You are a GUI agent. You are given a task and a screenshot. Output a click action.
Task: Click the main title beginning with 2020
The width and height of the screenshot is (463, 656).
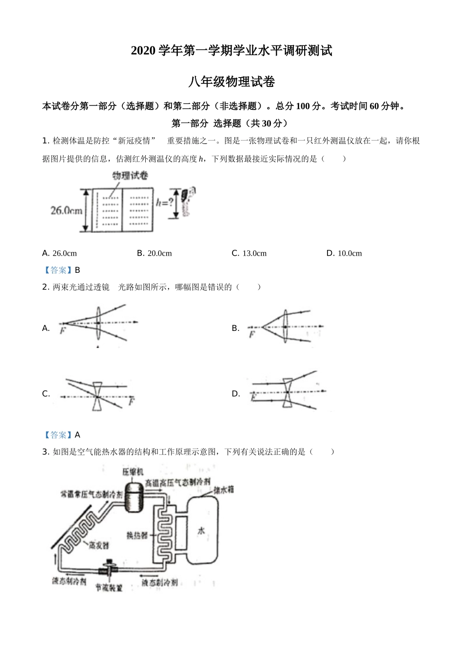click(231, 50)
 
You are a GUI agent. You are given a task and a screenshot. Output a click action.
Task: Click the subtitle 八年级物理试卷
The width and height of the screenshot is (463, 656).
click(231, 82)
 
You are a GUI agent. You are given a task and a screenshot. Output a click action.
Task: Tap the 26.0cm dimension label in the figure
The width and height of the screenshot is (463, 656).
click(66, 210)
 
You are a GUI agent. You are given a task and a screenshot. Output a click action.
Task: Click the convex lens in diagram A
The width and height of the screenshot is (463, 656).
click(98, 323)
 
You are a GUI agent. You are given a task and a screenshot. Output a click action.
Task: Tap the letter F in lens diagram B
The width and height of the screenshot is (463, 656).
click(251, 334)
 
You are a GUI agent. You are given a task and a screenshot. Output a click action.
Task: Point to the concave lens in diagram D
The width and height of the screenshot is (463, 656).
click(287, 392)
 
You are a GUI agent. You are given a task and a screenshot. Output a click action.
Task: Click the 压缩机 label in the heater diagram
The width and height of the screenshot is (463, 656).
click(133, 472)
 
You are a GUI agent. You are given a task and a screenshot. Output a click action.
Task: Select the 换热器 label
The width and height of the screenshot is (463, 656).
click(137, 535)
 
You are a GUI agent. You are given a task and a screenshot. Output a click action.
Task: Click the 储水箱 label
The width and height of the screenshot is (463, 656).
click(223, 489)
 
